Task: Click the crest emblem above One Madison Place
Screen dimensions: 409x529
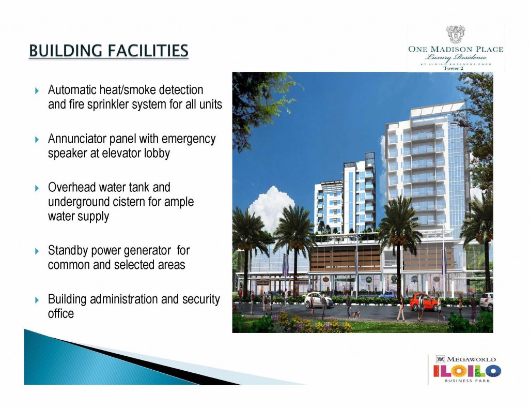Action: [x=455, y=35]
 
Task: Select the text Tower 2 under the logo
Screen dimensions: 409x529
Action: [x=455, y=70]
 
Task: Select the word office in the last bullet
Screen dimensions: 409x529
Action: [x=60, y=313]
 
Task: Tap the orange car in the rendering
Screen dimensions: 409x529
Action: [x=424, y=301]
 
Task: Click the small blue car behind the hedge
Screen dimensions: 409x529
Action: [x=387, y=294]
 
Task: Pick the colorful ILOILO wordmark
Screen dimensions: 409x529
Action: [x=466, y=371]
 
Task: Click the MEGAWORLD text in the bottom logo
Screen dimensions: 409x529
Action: [x=471, y=359]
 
